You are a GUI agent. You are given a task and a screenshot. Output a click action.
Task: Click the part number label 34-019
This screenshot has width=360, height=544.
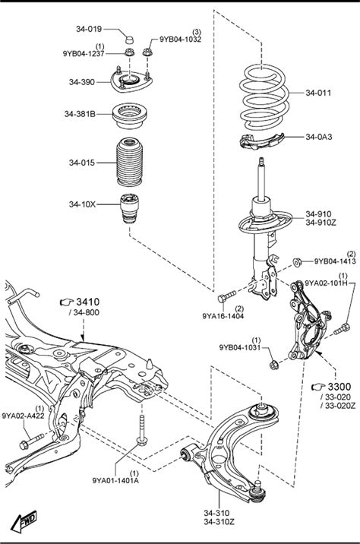pos(89,29)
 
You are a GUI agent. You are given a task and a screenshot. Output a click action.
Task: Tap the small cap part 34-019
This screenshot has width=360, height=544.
pos(129,40)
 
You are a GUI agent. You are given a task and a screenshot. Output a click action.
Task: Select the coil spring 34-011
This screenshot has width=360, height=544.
pos(264,97)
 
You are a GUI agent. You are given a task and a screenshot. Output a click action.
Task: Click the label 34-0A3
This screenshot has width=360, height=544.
pos(319,137)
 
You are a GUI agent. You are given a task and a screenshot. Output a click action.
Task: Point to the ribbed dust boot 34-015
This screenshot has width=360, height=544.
pos(130,163)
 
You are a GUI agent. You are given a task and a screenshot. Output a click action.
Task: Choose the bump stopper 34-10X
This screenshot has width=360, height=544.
pos(129,208)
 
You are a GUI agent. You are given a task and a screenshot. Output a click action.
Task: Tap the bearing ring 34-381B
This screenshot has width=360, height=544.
pos(130,115)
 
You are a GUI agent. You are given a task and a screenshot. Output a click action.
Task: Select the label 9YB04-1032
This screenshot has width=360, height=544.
pos(180,40)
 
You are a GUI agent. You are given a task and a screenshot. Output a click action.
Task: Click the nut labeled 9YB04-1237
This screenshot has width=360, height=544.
pos(129,52)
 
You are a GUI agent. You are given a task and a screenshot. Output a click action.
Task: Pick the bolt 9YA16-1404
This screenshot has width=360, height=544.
pos(227,296)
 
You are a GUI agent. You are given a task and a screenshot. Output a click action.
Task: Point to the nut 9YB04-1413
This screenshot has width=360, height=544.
pos(297,262)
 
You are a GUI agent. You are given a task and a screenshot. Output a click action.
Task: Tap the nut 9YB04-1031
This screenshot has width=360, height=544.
pos(273,364)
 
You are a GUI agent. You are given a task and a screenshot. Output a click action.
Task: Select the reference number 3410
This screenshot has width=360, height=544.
pos(88,302)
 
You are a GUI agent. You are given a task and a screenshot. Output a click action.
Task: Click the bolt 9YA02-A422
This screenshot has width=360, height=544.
pos(32,441)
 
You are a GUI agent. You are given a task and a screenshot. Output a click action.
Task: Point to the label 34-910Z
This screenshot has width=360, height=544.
pos(321,223)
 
